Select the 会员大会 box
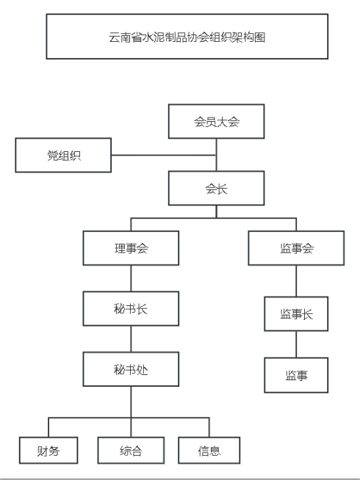(216, 121)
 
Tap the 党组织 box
(63, 155)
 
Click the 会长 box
(216, 188)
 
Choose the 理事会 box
(131, 248)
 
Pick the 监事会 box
(296, 248)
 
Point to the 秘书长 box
(131, 308)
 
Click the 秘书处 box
(131, 369)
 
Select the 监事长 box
(296, 314)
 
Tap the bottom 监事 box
(296, 375)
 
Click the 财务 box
(48, 451)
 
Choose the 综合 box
(131, 451)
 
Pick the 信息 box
(209, 451)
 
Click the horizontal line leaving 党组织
(164, 155)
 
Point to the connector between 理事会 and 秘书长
(131, 278)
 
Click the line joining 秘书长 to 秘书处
(131, 339)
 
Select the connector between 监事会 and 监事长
(296, 281)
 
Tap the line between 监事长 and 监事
(296, 344)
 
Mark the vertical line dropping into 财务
(48, 427)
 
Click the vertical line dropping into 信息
(209, 427)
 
